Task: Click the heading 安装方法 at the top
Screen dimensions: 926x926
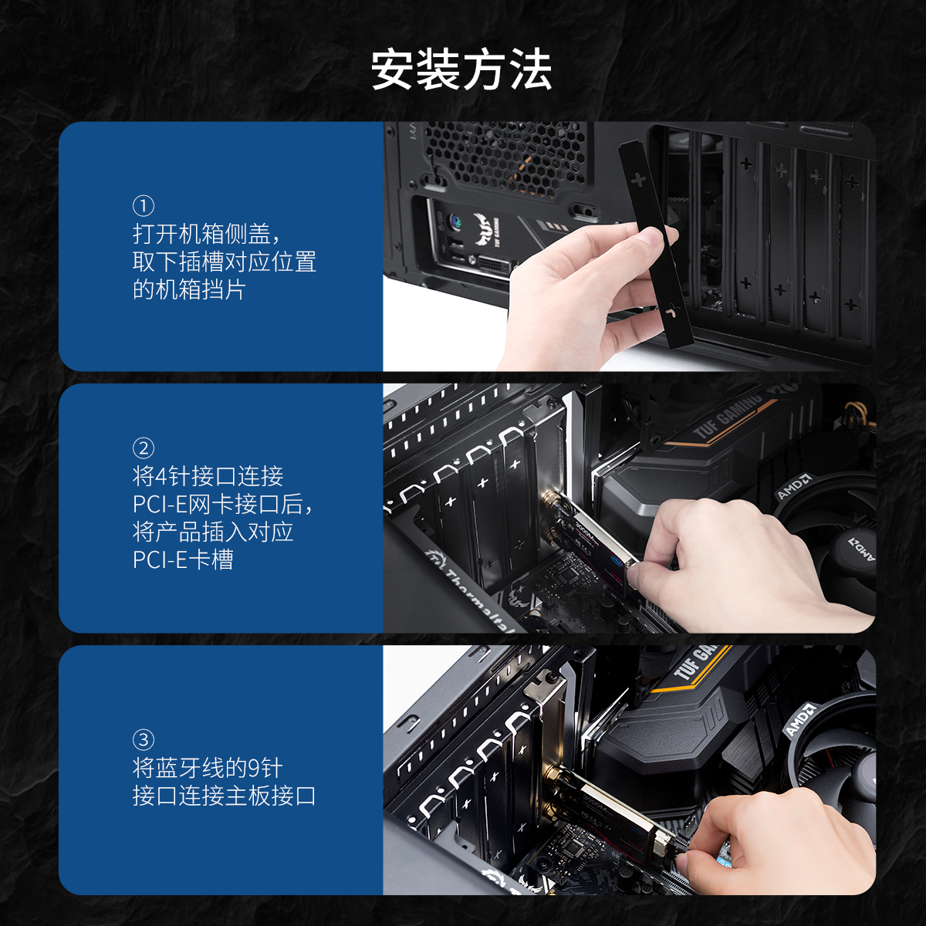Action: coord(461,69)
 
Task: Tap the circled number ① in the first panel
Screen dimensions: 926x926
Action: coord(144,206)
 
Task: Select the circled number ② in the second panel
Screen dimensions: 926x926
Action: coord(144,448)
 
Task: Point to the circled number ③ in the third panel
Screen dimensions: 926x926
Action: coord(144,739)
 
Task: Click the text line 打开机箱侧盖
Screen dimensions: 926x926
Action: coord(207,234)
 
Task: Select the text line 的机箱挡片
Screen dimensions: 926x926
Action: coord(189,290)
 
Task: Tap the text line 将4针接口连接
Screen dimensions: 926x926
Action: coord(208,476)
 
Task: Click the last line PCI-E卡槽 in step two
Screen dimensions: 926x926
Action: coord(183,559)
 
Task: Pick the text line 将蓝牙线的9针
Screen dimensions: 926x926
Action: coord(208,767)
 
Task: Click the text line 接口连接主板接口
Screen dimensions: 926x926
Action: coord(225,796)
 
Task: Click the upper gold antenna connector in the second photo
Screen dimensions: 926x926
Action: coord(553,501)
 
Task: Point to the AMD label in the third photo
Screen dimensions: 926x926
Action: coord(800,718)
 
